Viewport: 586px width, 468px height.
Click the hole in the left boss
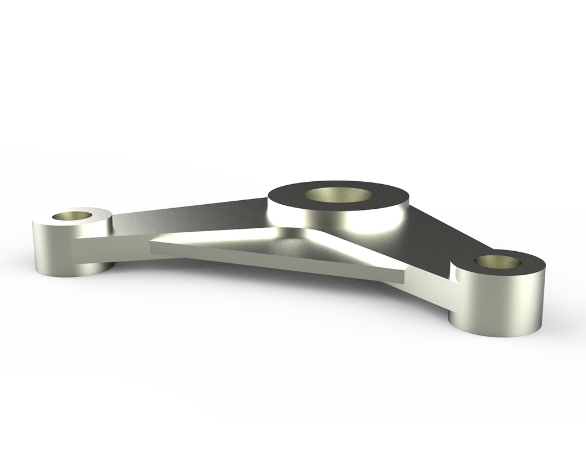[x=72, y=216]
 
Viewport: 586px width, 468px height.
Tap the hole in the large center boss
[x=337, y=196]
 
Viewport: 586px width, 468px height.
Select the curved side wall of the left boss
[x=52, y=247]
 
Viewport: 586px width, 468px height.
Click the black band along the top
[x=293, y=54]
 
